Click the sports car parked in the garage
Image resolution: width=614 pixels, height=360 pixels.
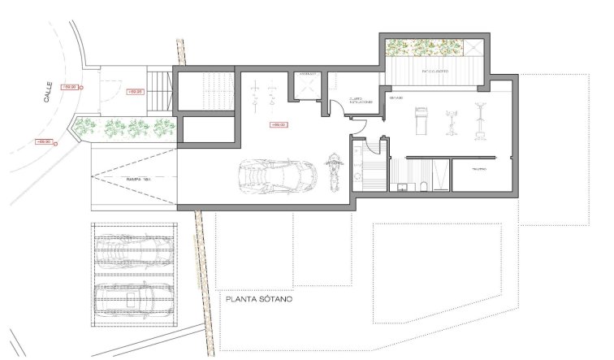[276, 173]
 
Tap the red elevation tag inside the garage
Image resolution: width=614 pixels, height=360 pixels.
[277, 124]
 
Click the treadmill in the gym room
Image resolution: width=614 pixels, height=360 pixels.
[420, 121]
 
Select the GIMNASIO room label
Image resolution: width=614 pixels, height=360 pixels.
[396, 98]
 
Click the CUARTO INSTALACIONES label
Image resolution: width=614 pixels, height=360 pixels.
[361, 101]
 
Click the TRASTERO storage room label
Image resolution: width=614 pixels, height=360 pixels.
[479, 169]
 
